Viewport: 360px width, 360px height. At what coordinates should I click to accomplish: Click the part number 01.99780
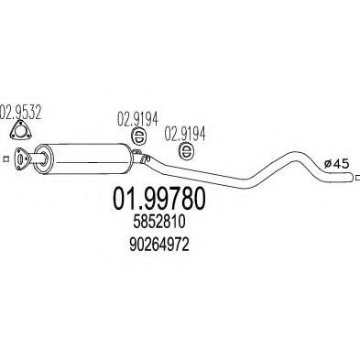tap(159, 199)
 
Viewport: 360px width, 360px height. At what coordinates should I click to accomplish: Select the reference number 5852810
tap(159, 223)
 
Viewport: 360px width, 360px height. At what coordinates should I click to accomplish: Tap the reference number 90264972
tap(159, 245)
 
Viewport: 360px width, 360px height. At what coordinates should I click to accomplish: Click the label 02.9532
tap(20, 113)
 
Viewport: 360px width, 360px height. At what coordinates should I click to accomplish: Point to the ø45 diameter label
tap(336, 164)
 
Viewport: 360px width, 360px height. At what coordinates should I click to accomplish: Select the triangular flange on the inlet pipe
tap(22, 158)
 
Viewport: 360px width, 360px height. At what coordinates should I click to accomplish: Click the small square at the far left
tap(5, 158)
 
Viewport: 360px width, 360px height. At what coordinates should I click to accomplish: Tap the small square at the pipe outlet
tap(357, 177)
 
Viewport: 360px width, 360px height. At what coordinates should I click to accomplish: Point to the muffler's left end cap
tap(43, 159)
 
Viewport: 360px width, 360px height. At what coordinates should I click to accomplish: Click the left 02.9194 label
tap(137, 119)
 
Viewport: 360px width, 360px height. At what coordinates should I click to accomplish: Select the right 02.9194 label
tap(185, 134)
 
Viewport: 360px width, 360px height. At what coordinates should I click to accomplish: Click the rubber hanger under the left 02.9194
tap(139, 137)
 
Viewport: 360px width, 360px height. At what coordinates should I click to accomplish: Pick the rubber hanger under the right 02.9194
tap(186, 151)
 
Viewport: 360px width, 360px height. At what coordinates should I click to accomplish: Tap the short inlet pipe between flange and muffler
tap(36, 158)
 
